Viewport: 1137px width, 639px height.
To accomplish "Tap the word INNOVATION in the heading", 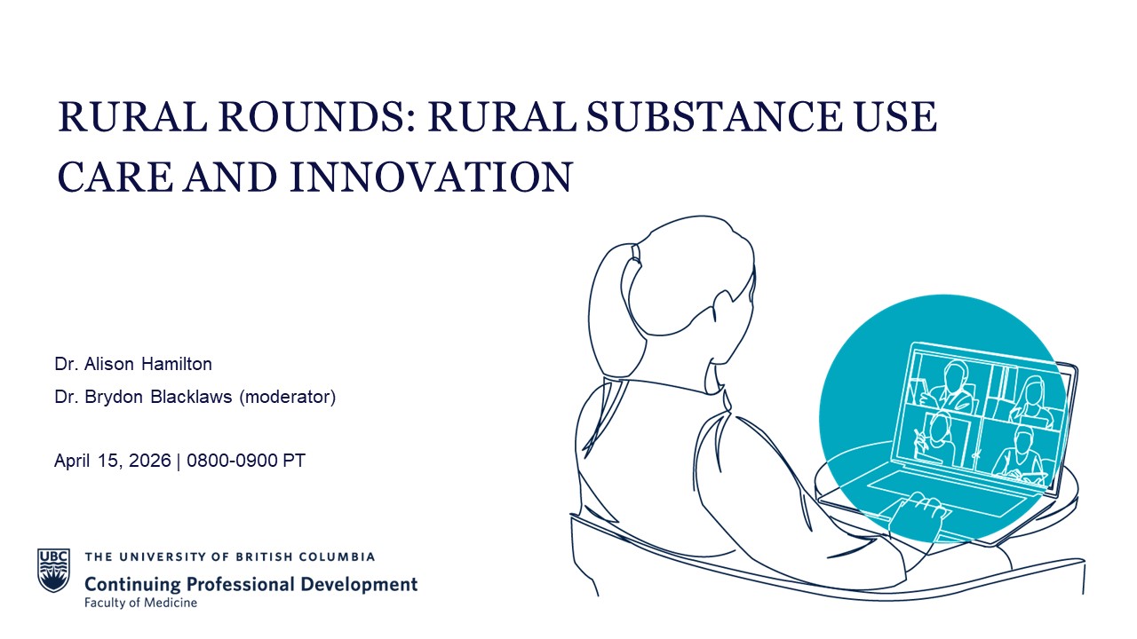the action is tap(432, 177).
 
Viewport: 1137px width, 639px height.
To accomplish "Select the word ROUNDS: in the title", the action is tap(317, 116).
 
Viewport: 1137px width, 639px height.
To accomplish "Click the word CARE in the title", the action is tap(115, 177).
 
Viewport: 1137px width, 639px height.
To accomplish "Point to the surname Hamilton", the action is tap(177, 364).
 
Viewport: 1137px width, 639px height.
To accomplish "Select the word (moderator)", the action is tap(287, 397).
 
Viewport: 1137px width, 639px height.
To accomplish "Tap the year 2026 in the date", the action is tap(150, 461).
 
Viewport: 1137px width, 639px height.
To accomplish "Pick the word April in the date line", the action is tap(73, 461).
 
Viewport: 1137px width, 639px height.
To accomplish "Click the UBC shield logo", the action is tap(53, 570).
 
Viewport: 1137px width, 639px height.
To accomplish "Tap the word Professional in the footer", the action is tap(241, 584).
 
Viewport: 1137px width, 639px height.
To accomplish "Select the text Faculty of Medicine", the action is tap(140, 603).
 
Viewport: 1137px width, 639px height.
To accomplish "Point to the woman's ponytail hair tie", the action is tap(636, 253).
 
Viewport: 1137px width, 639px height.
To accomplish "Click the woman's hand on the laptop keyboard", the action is tap(918, 514).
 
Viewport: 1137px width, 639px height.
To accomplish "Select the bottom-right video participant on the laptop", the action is tap(1019, 453).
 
